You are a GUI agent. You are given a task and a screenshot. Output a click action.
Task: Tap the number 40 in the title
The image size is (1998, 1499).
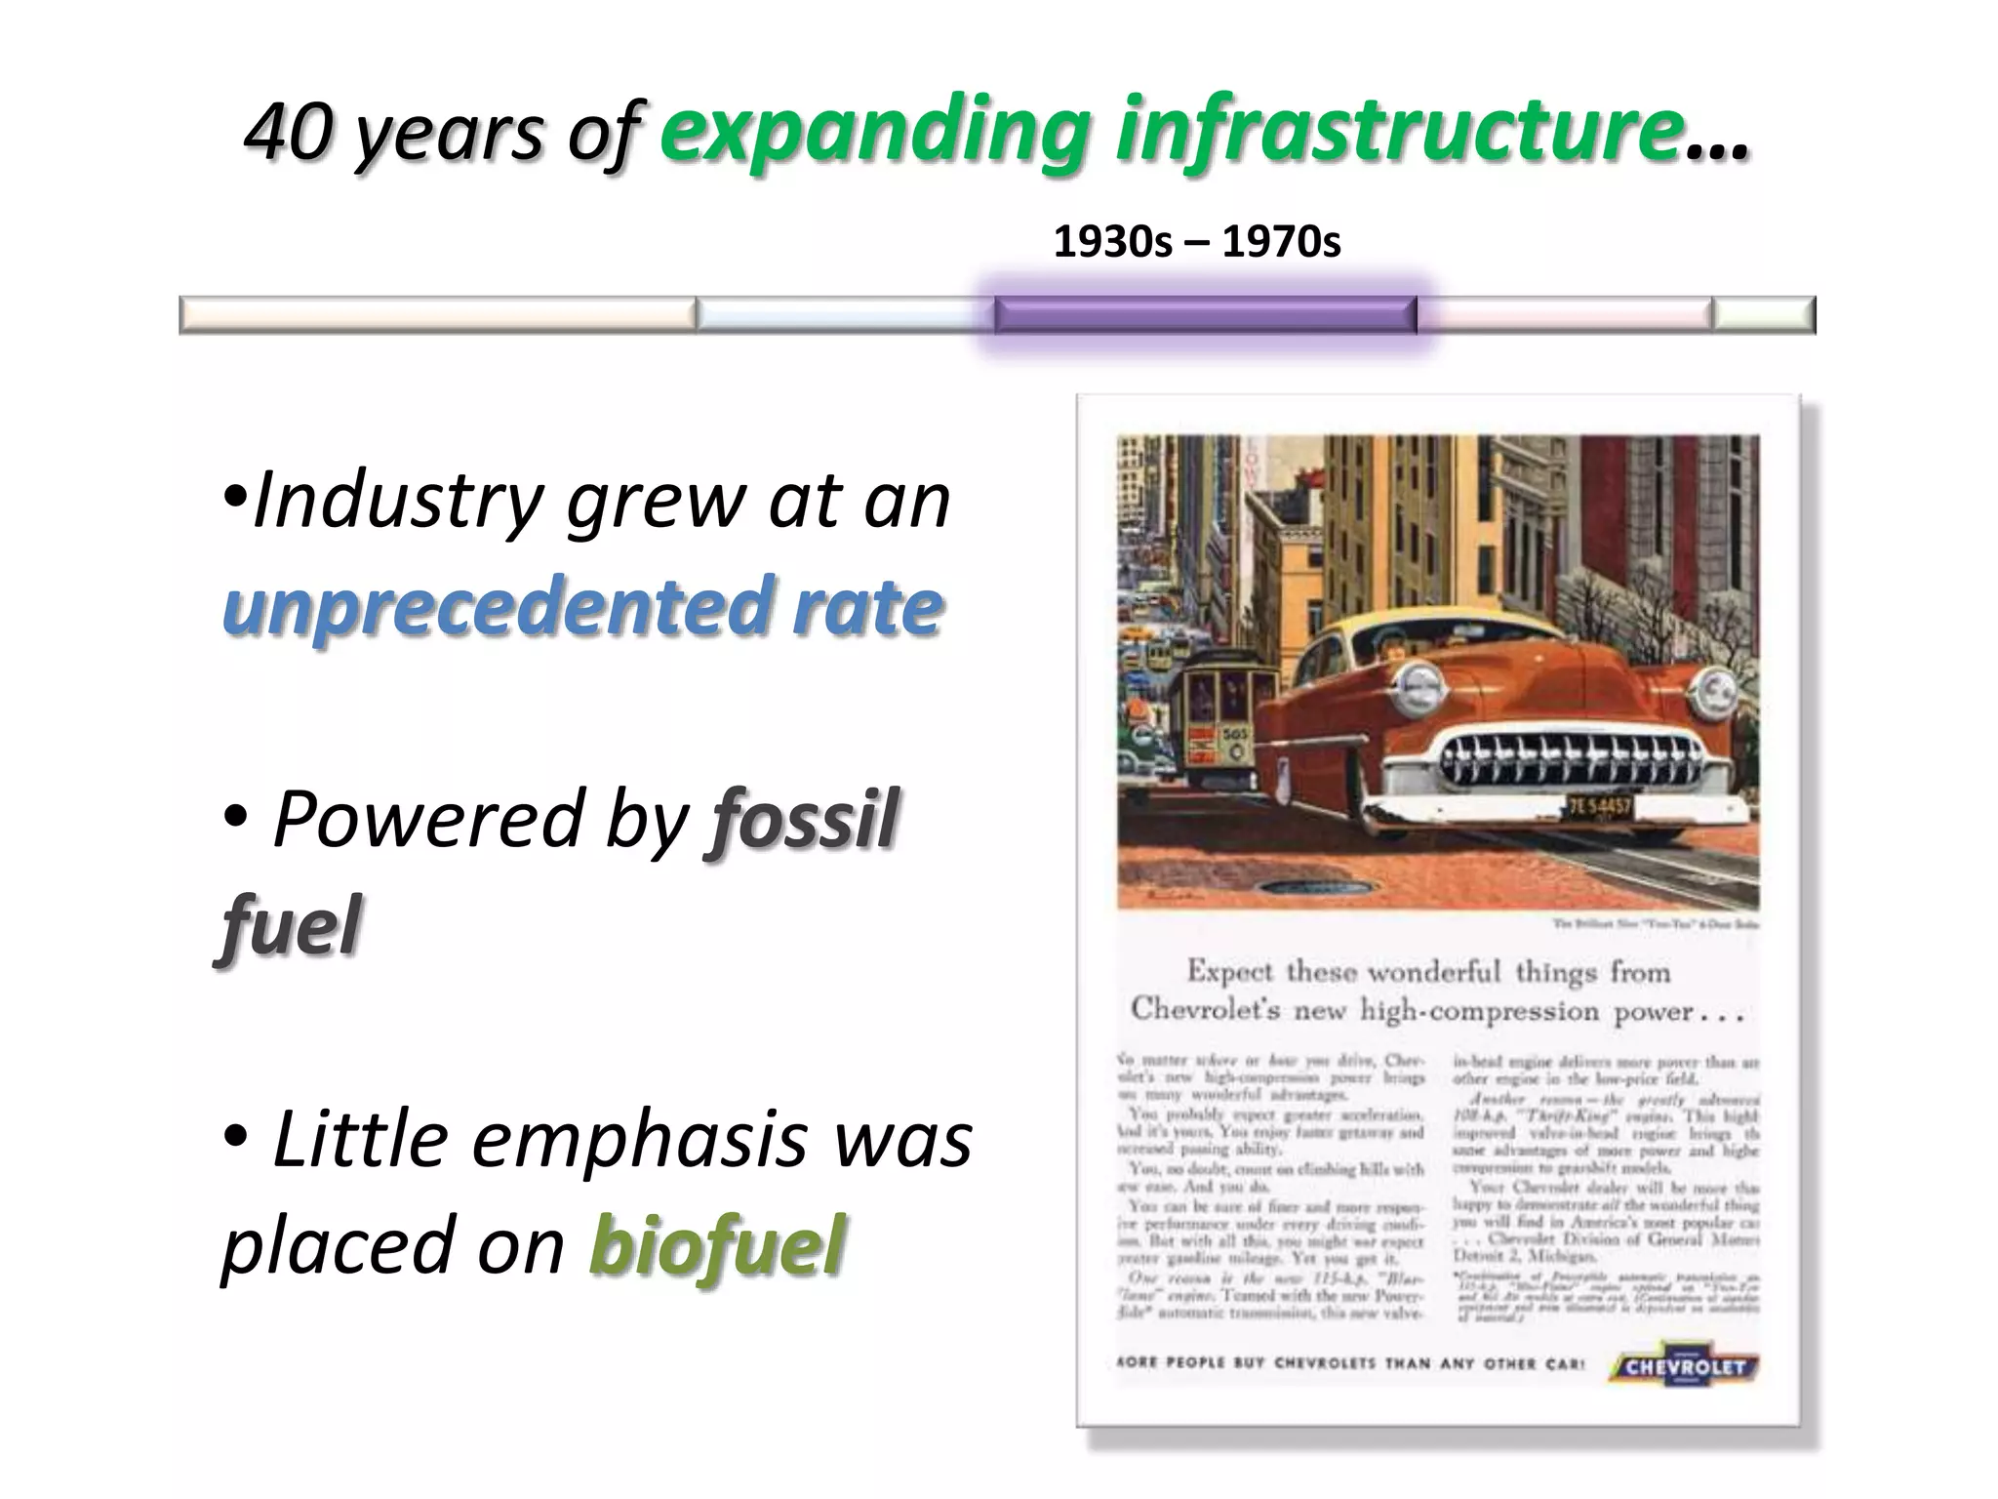coord(287,131)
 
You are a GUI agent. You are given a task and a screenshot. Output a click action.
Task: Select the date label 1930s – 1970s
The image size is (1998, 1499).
coord(1197,242)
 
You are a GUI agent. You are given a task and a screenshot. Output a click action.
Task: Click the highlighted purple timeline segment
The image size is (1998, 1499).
coord(1205,315)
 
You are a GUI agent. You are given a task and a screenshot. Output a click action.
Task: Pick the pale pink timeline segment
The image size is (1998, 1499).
coord(1565,314)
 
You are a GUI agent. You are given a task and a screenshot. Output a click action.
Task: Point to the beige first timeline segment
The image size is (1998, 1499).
coord(437,314)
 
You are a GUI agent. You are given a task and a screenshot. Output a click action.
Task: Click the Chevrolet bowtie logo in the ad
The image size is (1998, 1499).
coord(1684,1367)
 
